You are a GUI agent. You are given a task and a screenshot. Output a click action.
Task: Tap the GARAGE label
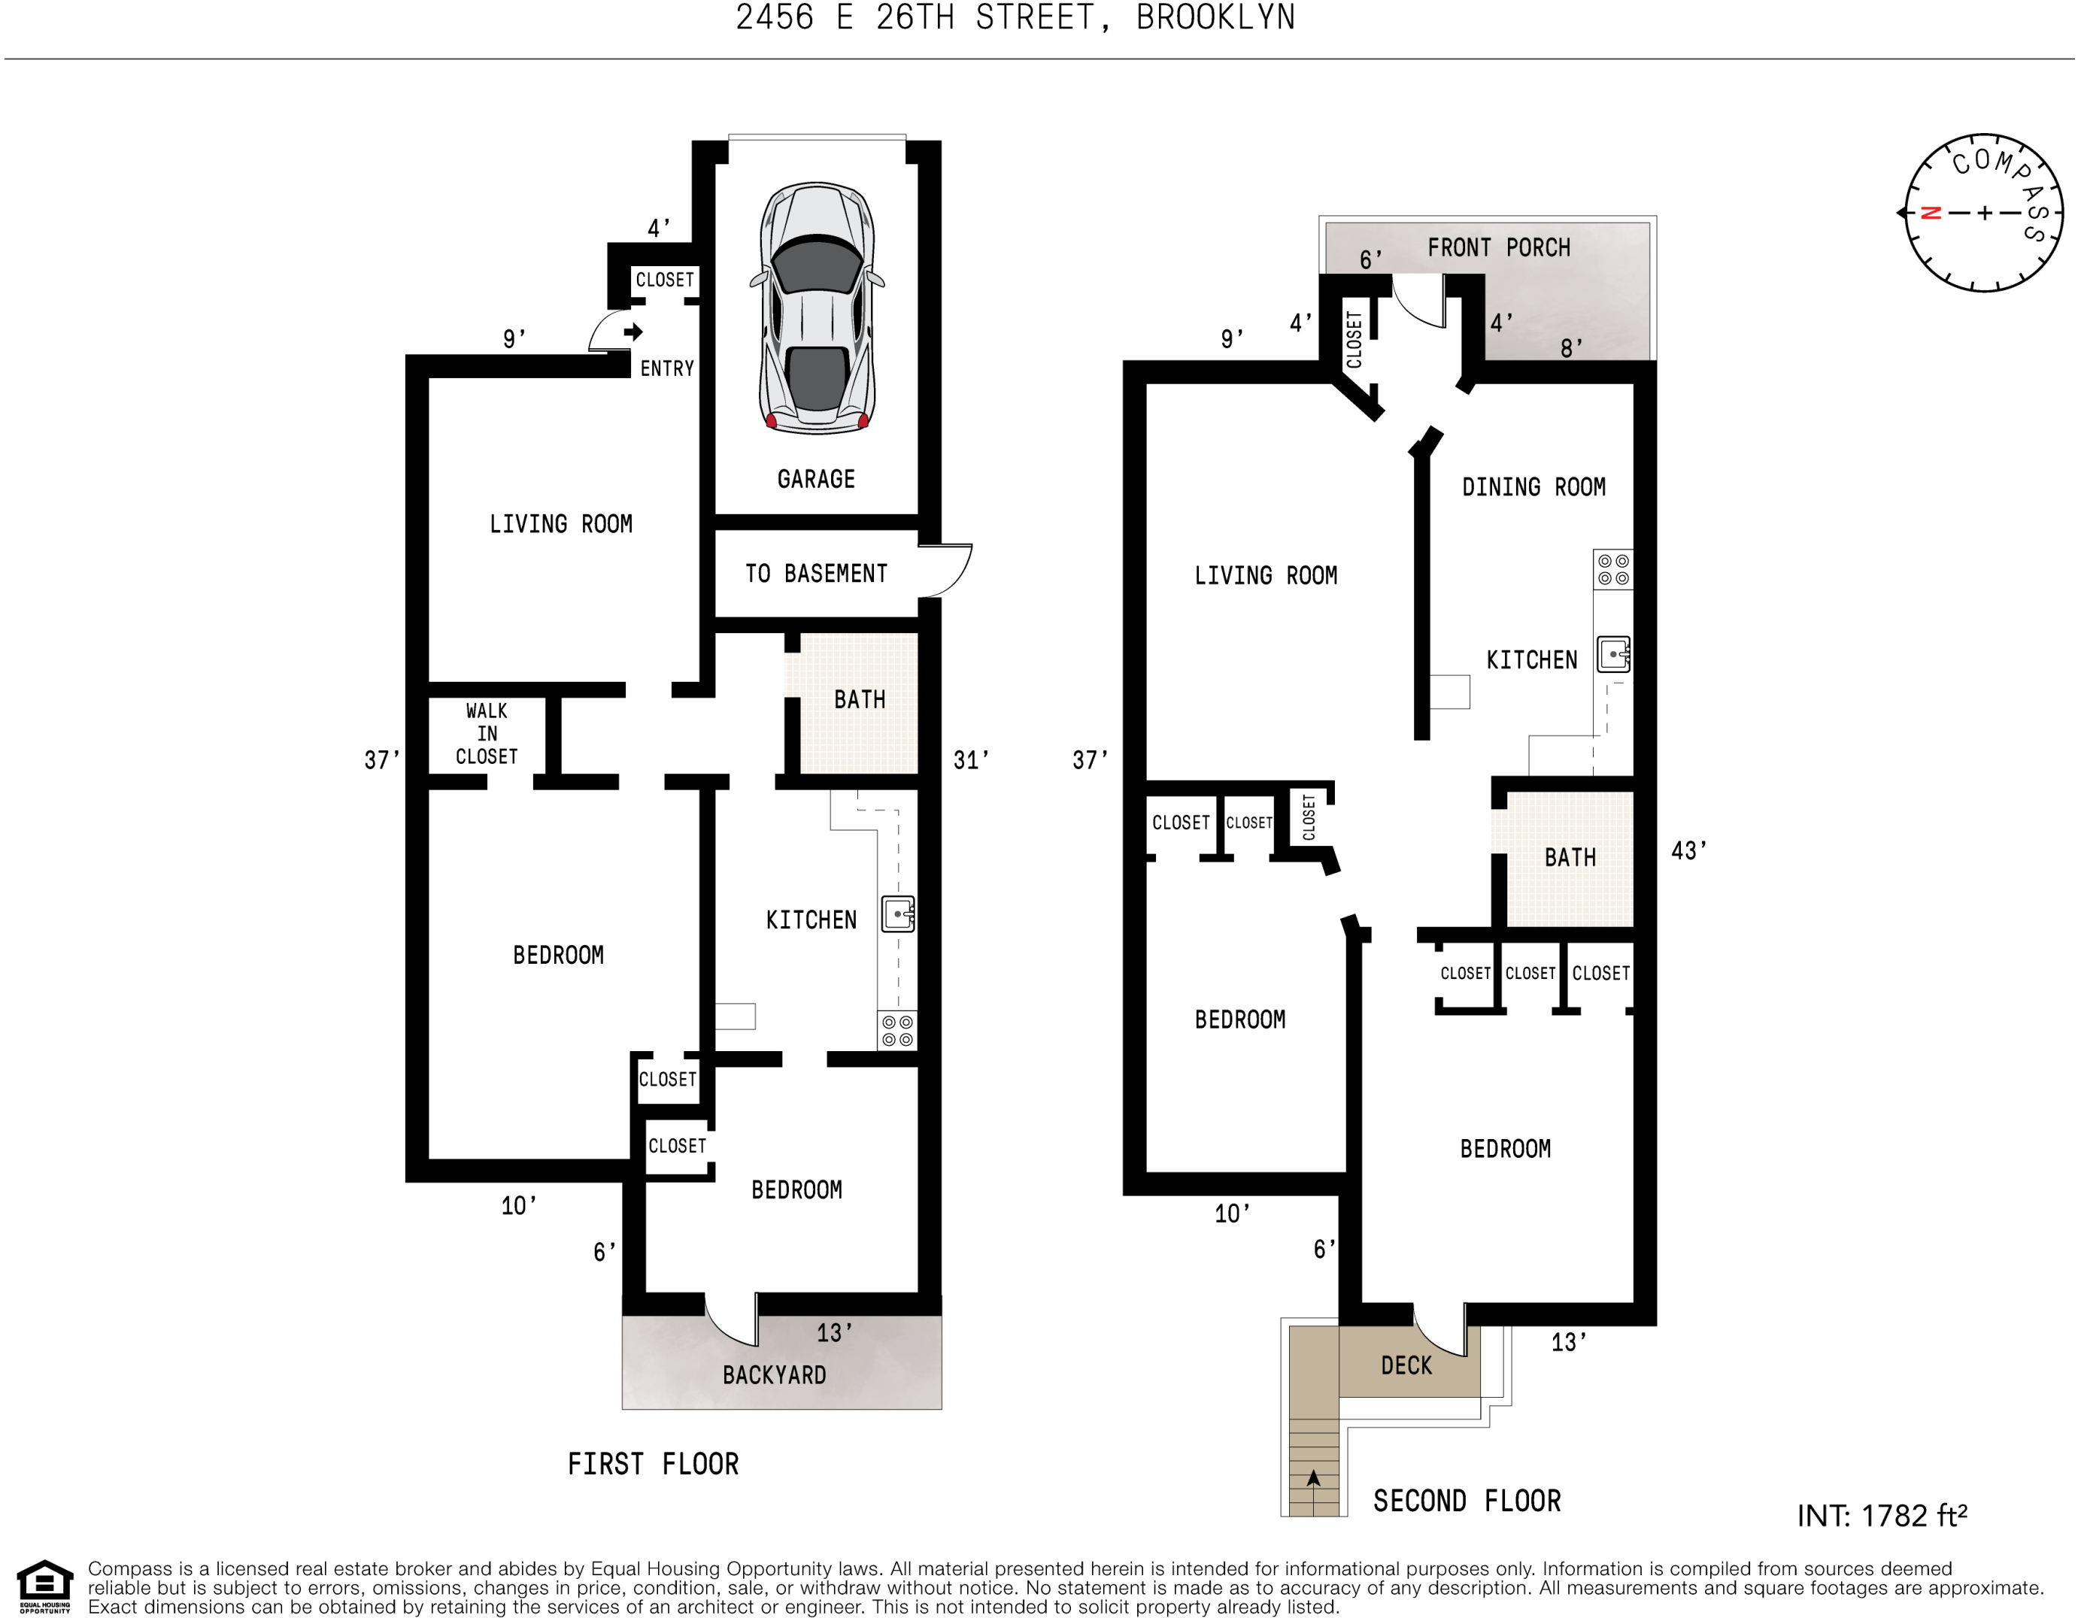click(816, 480)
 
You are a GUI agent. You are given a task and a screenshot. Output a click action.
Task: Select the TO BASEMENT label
click(816, 574)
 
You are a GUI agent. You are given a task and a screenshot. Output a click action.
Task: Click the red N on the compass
click(1931, 213)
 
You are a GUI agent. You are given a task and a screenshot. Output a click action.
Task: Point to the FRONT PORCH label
click(1499, 247)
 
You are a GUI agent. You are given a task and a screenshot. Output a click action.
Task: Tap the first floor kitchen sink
click(898, 914)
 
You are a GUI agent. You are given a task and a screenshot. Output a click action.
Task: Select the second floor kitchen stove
click(1612, 570)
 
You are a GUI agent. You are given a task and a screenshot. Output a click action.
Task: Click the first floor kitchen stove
click(897, 1030)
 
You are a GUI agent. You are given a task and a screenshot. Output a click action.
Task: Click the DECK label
click(1406, 1366)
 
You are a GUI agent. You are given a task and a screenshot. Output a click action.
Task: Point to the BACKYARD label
click(775, 1374)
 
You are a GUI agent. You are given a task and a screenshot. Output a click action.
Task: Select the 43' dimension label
click(1689, 850)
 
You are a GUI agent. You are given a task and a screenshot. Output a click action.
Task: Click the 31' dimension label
click(970, 760)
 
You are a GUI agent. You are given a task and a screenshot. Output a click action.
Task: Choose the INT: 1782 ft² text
click(1882, 1515)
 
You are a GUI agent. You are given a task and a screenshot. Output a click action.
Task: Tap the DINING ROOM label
click(1533, 487)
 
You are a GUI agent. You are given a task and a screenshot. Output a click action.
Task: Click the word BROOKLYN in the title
click(1216, 17)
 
